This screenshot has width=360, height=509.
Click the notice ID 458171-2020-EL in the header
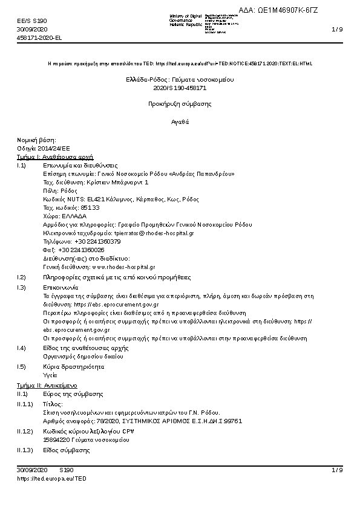tap(39, 37)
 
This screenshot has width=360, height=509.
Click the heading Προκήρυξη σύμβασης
tap(180, 104)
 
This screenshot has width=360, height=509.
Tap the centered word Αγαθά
tap(180, 122)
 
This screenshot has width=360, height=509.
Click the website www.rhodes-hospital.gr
tap(123, 267)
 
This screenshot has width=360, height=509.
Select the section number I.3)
tap(22, 288)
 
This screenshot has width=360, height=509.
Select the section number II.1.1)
tap(25, 403)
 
